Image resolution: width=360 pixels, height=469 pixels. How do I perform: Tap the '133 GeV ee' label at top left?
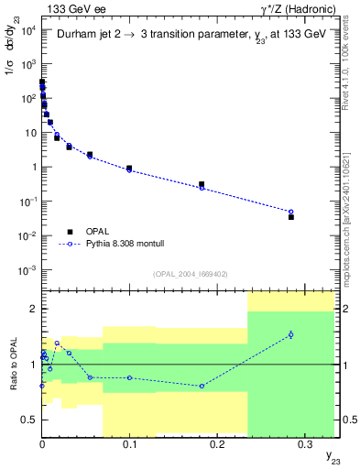(x=73, y=8)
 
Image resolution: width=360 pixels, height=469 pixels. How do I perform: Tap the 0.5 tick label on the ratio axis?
(x=28, y=420)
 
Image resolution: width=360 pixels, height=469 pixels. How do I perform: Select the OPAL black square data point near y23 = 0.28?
(x=291, y=217)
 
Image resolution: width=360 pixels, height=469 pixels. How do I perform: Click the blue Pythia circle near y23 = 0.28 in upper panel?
(x=291, y=212)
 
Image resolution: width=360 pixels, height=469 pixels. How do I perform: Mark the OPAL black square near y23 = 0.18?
(x=202, y=184)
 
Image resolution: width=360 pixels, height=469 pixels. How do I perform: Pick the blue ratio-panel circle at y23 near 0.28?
(x=291, y=334)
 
